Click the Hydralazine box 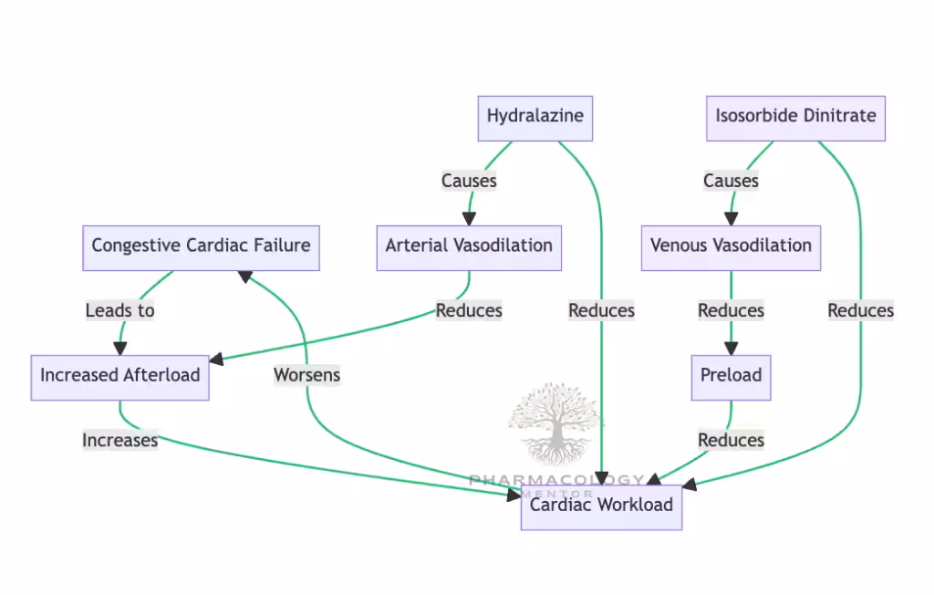point(535,118)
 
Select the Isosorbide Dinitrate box point(795,118)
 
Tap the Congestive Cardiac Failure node point(201,247)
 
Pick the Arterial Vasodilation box point(469,247)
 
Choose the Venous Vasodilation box point(731,247)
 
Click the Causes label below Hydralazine point(469,181)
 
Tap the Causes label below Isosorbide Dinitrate point(731,181)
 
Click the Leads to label point(119,310)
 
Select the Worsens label point(306,374)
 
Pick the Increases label point(119,440)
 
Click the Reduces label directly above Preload point(731,310)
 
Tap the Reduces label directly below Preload point(731,440)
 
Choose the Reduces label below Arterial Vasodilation point(469,310)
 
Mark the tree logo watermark point(555,424)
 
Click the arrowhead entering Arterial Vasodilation point(469,219)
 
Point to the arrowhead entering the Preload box point(731,349)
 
